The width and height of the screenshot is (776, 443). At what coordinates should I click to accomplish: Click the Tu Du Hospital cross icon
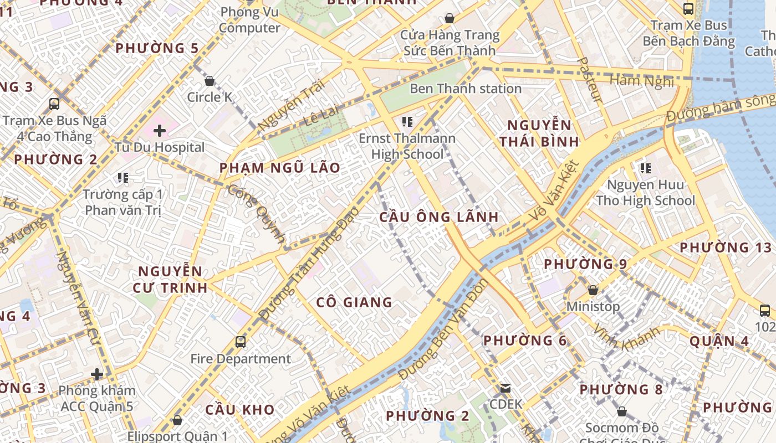tap(160, 131)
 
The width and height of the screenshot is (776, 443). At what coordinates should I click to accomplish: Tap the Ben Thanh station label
tap(466, 89)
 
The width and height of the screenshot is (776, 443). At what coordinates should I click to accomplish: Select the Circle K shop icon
tap(210, 81)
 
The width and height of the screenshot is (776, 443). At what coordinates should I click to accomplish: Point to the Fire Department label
tap(241, 359)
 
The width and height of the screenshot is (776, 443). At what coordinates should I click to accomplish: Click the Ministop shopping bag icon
tap(593, 290)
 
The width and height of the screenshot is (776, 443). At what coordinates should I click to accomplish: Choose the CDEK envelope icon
tap(506, 388)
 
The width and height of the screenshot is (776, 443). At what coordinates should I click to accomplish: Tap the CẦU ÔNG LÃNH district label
tap(439, 217)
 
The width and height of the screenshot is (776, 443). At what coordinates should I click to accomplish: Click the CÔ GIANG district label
tap(354, 302)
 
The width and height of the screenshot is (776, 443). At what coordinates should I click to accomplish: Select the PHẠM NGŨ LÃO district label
tap(280, 168)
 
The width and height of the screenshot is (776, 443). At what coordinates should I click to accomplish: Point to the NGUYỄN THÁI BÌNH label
tap(539, 133)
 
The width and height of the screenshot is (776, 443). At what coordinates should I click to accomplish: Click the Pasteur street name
tap(589, 80)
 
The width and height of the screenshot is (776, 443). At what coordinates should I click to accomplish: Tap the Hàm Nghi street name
tap(642, 81)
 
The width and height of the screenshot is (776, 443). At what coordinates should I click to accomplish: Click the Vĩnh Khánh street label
tap(627, 338)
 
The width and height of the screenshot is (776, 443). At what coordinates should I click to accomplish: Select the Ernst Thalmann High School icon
tap(407, 122)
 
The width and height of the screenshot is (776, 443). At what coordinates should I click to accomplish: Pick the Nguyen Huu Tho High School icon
tap(645, 168)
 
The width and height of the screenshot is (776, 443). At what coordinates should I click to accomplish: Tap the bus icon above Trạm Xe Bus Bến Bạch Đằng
tap(688, 9)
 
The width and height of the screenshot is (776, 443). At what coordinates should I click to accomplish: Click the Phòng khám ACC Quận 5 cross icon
tap(98, 374)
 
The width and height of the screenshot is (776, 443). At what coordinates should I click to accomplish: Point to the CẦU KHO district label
tap(240, 410)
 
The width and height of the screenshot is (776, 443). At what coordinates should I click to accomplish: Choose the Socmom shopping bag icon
tap(622, 411)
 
